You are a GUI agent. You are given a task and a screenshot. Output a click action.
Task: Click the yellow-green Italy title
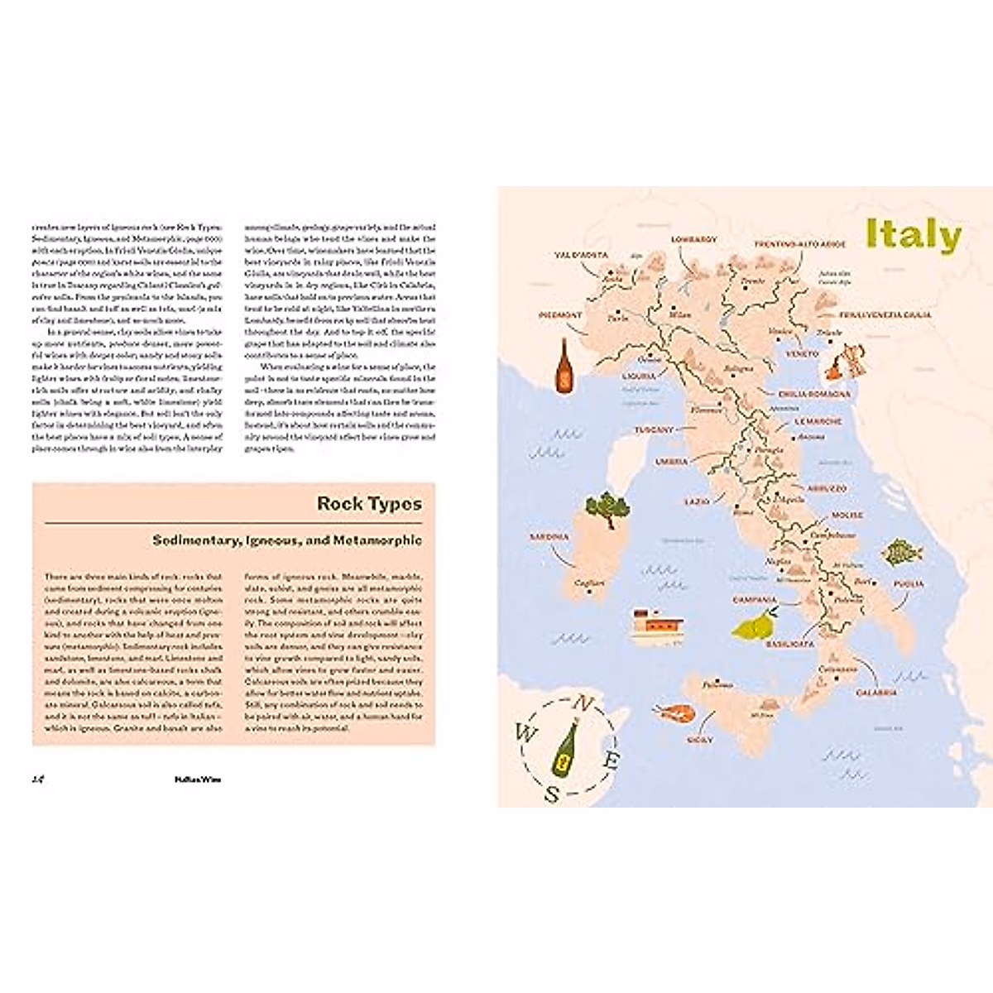(x=913, y=234)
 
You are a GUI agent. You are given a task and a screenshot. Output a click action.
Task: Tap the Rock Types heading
(x=369, y=503)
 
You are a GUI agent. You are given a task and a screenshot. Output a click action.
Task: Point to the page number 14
(x=37, y=779)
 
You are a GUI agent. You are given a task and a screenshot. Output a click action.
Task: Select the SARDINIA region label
(x=549, y=537)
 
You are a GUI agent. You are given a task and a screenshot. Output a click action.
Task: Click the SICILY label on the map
(x=699, y=740)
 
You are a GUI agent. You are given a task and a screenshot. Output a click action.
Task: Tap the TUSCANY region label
(x=654, y=430)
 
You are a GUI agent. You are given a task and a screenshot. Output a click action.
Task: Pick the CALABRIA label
(x=876, y=692)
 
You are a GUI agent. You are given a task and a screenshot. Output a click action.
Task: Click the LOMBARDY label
(x=693, y=240)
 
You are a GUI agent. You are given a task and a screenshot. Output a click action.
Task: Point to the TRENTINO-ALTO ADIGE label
(x=799, y=245)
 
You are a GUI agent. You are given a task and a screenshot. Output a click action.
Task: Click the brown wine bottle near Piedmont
(x=566, y=363)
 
